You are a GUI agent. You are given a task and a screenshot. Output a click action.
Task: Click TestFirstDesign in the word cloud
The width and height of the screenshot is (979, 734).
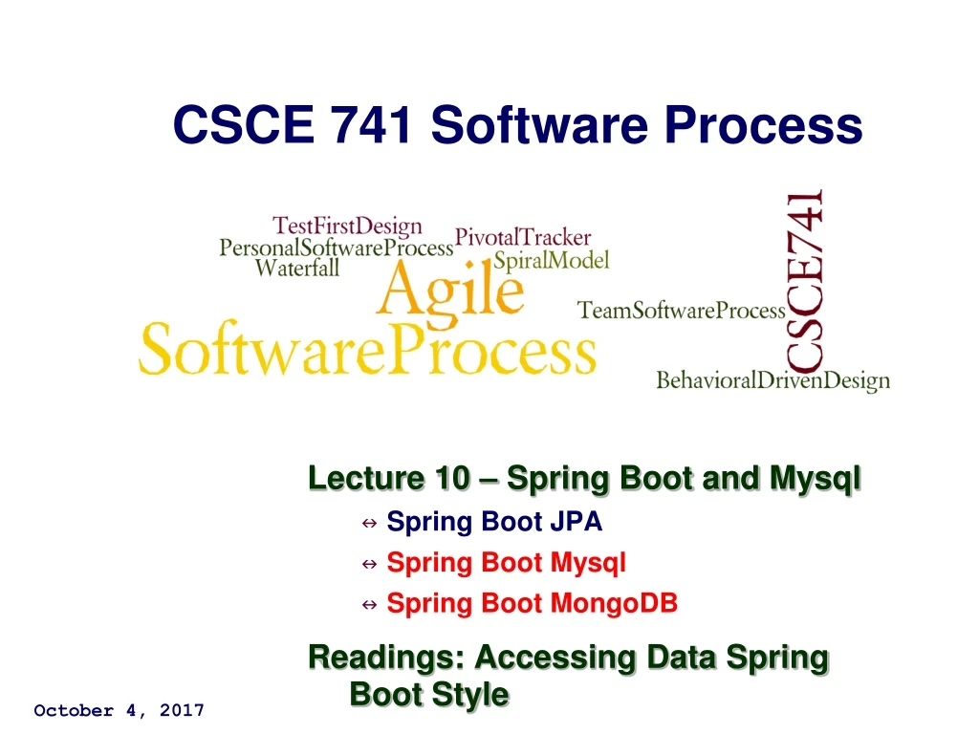(347, 227)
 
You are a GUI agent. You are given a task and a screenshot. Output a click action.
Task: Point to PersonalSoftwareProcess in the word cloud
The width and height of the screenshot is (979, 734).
(336, 248)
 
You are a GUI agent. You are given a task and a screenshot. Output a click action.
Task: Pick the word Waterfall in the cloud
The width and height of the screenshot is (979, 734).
(296, 269)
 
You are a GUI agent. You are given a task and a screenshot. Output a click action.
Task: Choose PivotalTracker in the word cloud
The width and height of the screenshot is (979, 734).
(523, 237)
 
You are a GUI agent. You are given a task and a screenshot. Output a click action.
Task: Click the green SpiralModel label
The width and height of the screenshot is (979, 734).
(551, 260)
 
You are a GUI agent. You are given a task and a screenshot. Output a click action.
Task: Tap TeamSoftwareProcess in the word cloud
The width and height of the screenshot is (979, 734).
(682, 311)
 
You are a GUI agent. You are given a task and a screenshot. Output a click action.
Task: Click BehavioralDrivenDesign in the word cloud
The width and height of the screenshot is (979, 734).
(772, 380)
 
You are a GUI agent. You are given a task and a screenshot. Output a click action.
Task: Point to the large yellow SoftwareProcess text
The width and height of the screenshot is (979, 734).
(368, 352)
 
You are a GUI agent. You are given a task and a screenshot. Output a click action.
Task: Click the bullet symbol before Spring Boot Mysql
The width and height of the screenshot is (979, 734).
(369, 564)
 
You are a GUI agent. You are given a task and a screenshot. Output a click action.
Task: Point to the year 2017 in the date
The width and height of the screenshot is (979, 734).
(182, 710)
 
